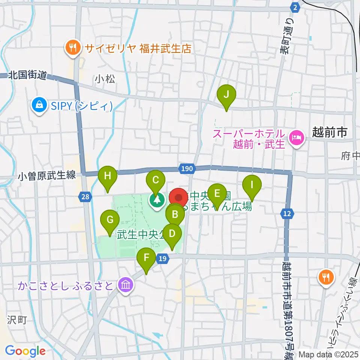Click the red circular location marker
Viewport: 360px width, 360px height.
pyautogui.click(x=179, y=198)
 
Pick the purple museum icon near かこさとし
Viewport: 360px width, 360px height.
pyautogui.click(x=125, y=285)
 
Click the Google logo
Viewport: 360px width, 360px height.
pyautogui.click(x=25, y=351)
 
